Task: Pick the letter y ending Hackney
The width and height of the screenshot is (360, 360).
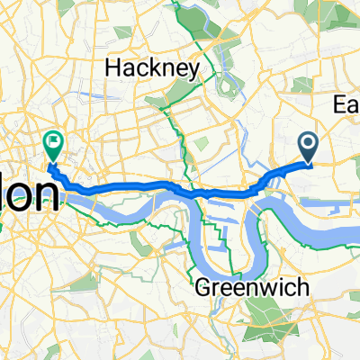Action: [x=180, y=67]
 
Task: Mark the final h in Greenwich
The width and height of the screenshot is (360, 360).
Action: [x=278, y=287]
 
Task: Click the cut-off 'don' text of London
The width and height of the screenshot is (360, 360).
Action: [x=27, y=195]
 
